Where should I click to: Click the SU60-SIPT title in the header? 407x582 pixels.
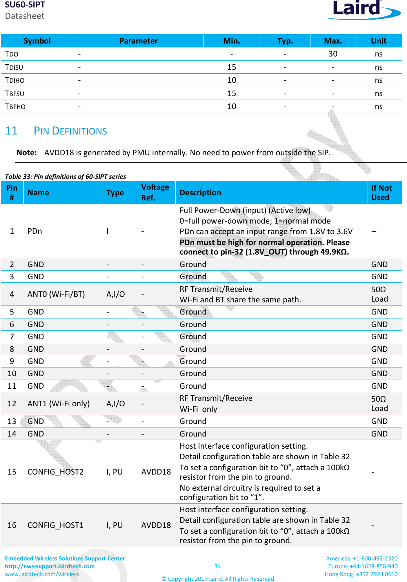(25, 5)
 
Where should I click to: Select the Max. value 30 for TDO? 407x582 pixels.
(333, 54)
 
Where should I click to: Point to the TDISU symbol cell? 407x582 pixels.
(14, 67)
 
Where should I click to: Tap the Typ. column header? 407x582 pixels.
(285, 41)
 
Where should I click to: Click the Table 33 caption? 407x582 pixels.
(65, 176)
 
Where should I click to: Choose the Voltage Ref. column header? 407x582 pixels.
(155, 193)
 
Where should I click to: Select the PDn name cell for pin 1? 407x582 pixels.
(35, 231)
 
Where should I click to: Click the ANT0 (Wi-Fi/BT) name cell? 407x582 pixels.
(56, 295)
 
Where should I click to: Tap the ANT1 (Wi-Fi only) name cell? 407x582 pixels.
(58, 404)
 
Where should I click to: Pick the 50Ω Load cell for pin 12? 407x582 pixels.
(380, 404)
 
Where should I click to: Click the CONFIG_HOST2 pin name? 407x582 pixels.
(55, 472)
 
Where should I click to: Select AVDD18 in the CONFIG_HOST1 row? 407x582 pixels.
(156, 525)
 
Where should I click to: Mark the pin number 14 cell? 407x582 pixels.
(12, 434)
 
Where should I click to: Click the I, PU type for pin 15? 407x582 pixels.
(114, 472)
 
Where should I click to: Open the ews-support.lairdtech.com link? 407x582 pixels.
(50, 566)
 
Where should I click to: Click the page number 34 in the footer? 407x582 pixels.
(218, 566)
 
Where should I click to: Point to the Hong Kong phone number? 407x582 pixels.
(361, 574)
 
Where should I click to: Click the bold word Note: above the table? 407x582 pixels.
(27, 153)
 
